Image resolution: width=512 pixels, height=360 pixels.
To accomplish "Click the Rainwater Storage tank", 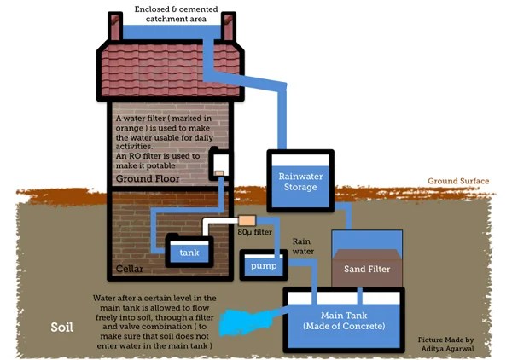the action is click(300, 181).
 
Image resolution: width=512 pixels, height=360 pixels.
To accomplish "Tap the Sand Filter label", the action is click(367, 269).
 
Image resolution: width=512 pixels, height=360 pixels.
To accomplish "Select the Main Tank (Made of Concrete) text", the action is click(344, 321).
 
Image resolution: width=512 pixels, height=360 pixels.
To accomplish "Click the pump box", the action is click(264, 264).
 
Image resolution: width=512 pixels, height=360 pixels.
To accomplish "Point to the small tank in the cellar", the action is click(189, 250).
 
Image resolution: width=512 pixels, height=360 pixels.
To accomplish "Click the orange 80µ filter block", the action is click(247, 220).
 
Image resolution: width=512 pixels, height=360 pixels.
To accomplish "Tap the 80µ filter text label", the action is click(254, 232).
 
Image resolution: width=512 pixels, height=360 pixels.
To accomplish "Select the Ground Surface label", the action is click(458, 181).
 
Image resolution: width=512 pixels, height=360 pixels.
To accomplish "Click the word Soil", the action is click(61, 327).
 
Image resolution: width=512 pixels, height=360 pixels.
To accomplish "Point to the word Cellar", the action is click(130, 269).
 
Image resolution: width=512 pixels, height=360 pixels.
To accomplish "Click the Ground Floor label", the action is click(148, 178).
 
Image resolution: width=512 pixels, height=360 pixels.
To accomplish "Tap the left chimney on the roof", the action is click(115, 26).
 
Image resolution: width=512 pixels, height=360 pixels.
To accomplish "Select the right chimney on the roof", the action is click(228, 26).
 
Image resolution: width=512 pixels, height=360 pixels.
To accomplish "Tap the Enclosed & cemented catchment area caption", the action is click(176, 14).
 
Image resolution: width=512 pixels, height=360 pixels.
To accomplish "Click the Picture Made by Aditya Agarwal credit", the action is click(446, 344).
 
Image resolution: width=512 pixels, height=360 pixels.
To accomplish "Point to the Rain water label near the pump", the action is click(303, 246).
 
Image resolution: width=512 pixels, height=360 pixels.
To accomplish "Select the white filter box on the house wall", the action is click(220, 163).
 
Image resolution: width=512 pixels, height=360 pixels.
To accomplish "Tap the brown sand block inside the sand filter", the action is click(367, 268).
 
